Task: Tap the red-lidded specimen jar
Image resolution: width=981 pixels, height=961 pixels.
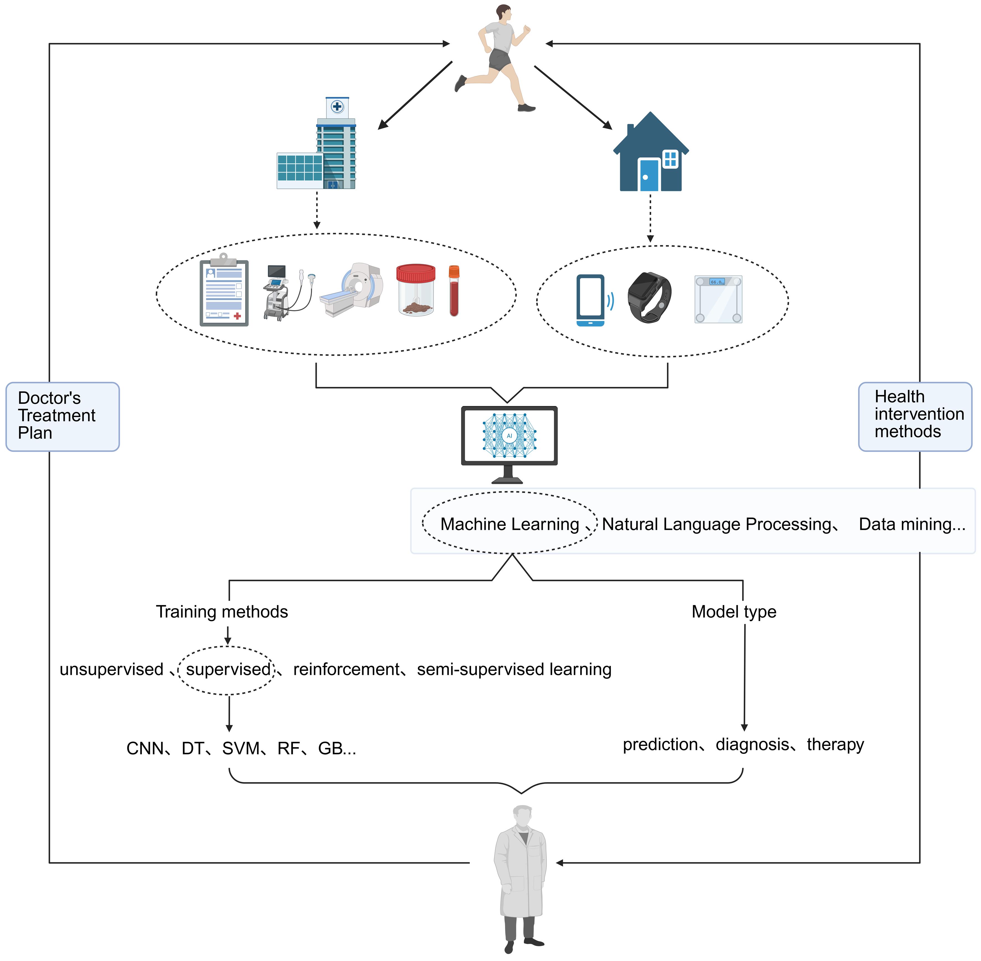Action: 415,290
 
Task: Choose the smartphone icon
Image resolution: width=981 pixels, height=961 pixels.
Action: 590,300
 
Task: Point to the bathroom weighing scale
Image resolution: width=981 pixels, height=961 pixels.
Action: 718,299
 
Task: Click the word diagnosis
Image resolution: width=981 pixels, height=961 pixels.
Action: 752,744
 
